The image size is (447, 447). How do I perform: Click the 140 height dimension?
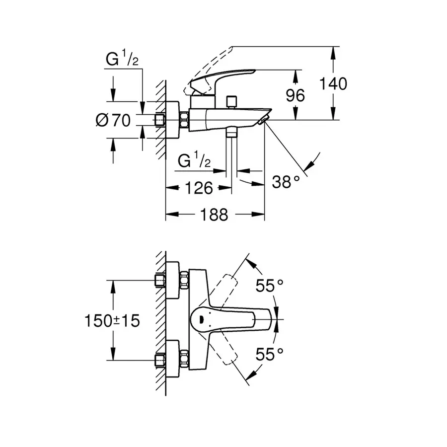click(333, 83)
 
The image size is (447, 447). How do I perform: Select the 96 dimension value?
click(296, 95)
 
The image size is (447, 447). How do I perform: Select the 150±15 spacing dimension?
click(112, 321)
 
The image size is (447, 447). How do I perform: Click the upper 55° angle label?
click(269, 286)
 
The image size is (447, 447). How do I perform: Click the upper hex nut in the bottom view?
click(184, 280)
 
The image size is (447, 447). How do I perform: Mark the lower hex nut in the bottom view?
click(184, 360)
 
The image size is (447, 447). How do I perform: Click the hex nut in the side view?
click(184, 120)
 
